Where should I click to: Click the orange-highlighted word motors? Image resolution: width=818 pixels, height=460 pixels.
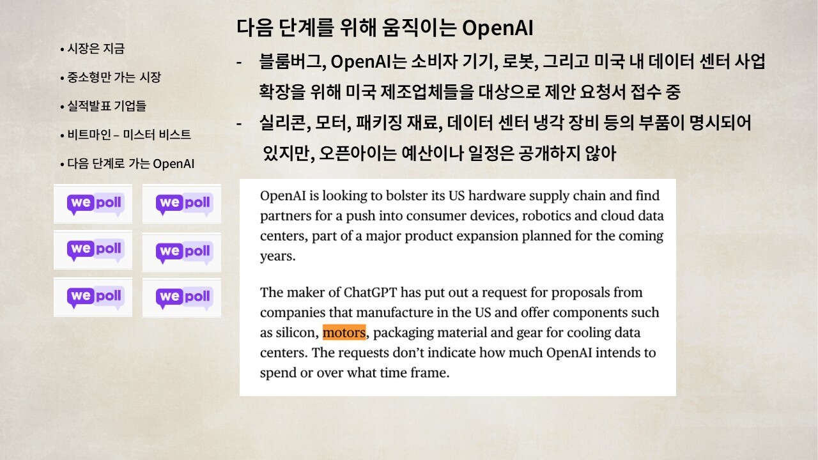tap(344, 333)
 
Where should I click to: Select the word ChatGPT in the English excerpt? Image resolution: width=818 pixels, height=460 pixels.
tap(370, 293)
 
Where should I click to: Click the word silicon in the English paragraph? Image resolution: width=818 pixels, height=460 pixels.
tap(297, 333)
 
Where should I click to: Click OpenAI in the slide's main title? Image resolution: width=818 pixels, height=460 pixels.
tap(497, 28)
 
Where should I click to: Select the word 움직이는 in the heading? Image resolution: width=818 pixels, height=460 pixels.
tap(419, 27)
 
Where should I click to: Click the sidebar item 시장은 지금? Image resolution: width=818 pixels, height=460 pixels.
tap(96, 49)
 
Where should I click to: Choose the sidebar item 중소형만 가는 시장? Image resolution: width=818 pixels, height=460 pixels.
tap(114, 77)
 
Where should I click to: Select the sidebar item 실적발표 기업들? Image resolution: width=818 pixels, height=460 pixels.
tap(107, 106)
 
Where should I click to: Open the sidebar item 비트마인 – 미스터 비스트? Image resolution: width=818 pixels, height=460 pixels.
tap(129, 135)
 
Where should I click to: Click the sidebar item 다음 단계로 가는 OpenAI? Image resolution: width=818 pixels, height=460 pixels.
tap(131, 164)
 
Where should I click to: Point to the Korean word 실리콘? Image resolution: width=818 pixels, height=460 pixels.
tap(284, 123)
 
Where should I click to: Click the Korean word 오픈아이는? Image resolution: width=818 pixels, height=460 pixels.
tap(357, 153)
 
